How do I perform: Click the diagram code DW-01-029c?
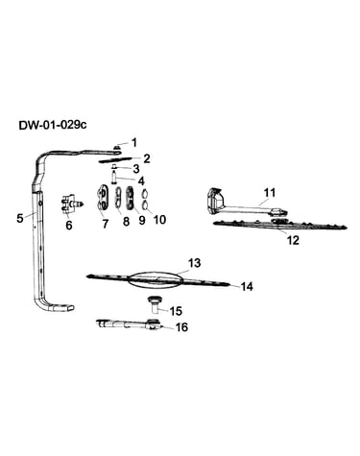click(53, 125)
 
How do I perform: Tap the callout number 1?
click(134, 142)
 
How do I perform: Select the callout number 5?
click(20, 219)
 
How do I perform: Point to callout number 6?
click(69, 226)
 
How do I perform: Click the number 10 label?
click(159, 220)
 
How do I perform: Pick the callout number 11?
click(270, 193)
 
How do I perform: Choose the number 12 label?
click(293, 240)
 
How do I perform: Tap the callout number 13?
click(194, 263)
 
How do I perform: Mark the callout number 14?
click(247, 286)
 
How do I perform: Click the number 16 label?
click(181, 327)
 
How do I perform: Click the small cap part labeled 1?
click(117, 147)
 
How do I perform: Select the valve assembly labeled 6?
click(72, 203)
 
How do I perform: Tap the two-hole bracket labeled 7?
click(104, 199)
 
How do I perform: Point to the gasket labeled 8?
click(118, 197)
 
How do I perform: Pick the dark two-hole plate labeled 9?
click(131, 198)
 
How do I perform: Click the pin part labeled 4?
click(113, 177)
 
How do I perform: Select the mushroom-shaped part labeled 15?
click(155, 304)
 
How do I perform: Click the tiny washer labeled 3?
click(113, 167)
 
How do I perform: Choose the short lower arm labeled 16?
click(128, 324)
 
